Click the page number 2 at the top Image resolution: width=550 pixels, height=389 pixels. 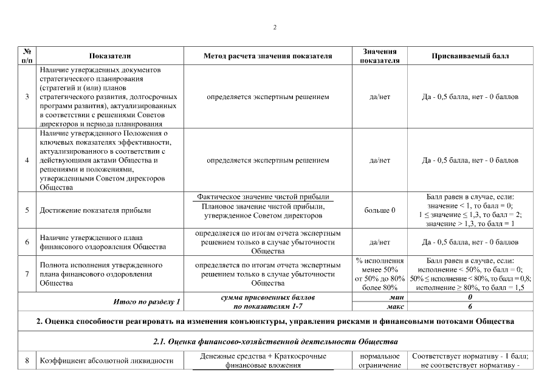(x=275, y=27)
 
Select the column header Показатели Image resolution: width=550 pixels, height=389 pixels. (x=110, y=56)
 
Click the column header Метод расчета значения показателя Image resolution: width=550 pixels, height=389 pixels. (x=267, y=56)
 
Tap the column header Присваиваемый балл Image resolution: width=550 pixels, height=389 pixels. (x=470, y=56)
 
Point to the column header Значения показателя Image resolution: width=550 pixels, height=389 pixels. (x=379, y=56)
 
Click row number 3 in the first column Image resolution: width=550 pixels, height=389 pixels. (x=27, y=97)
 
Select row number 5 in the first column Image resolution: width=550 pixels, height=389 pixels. (x=27, y=210)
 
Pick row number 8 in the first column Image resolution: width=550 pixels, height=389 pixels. (x=27, y=360)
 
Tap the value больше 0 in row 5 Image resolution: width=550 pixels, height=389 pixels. (x=379, y=210)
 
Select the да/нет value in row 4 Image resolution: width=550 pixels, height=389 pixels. (x=379, y=160)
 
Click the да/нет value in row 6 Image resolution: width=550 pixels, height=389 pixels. (x=379, y=242)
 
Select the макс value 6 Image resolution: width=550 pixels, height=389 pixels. (x=470, y=307)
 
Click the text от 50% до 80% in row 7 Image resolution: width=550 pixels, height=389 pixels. (x=379, y=278)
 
